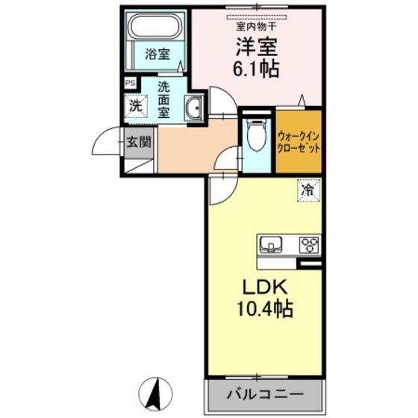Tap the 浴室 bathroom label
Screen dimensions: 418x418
coord(157,54)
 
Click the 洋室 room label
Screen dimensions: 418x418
coord(258,46)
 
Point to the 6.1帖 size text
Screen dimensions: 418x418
coord(258,69)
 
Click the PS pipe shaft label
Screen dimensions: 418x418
coord(131,83)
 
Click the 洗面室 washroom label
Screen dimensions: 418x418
coord(163,99)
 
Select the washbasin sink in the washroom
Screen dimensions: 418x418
coord(193,109)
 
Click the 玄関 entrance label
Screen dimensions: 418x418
coord(138,141)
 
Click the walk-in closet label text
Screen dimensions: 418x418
coord(299,142)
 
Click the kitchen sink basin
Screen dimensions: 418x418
coord(271,243)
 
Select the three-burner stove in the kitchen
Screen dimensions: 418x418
coord(309,243)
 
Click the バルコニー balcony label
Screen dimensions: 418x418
coord(263,393)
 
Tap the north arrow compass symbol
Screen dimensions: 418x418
coord(157,393)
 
